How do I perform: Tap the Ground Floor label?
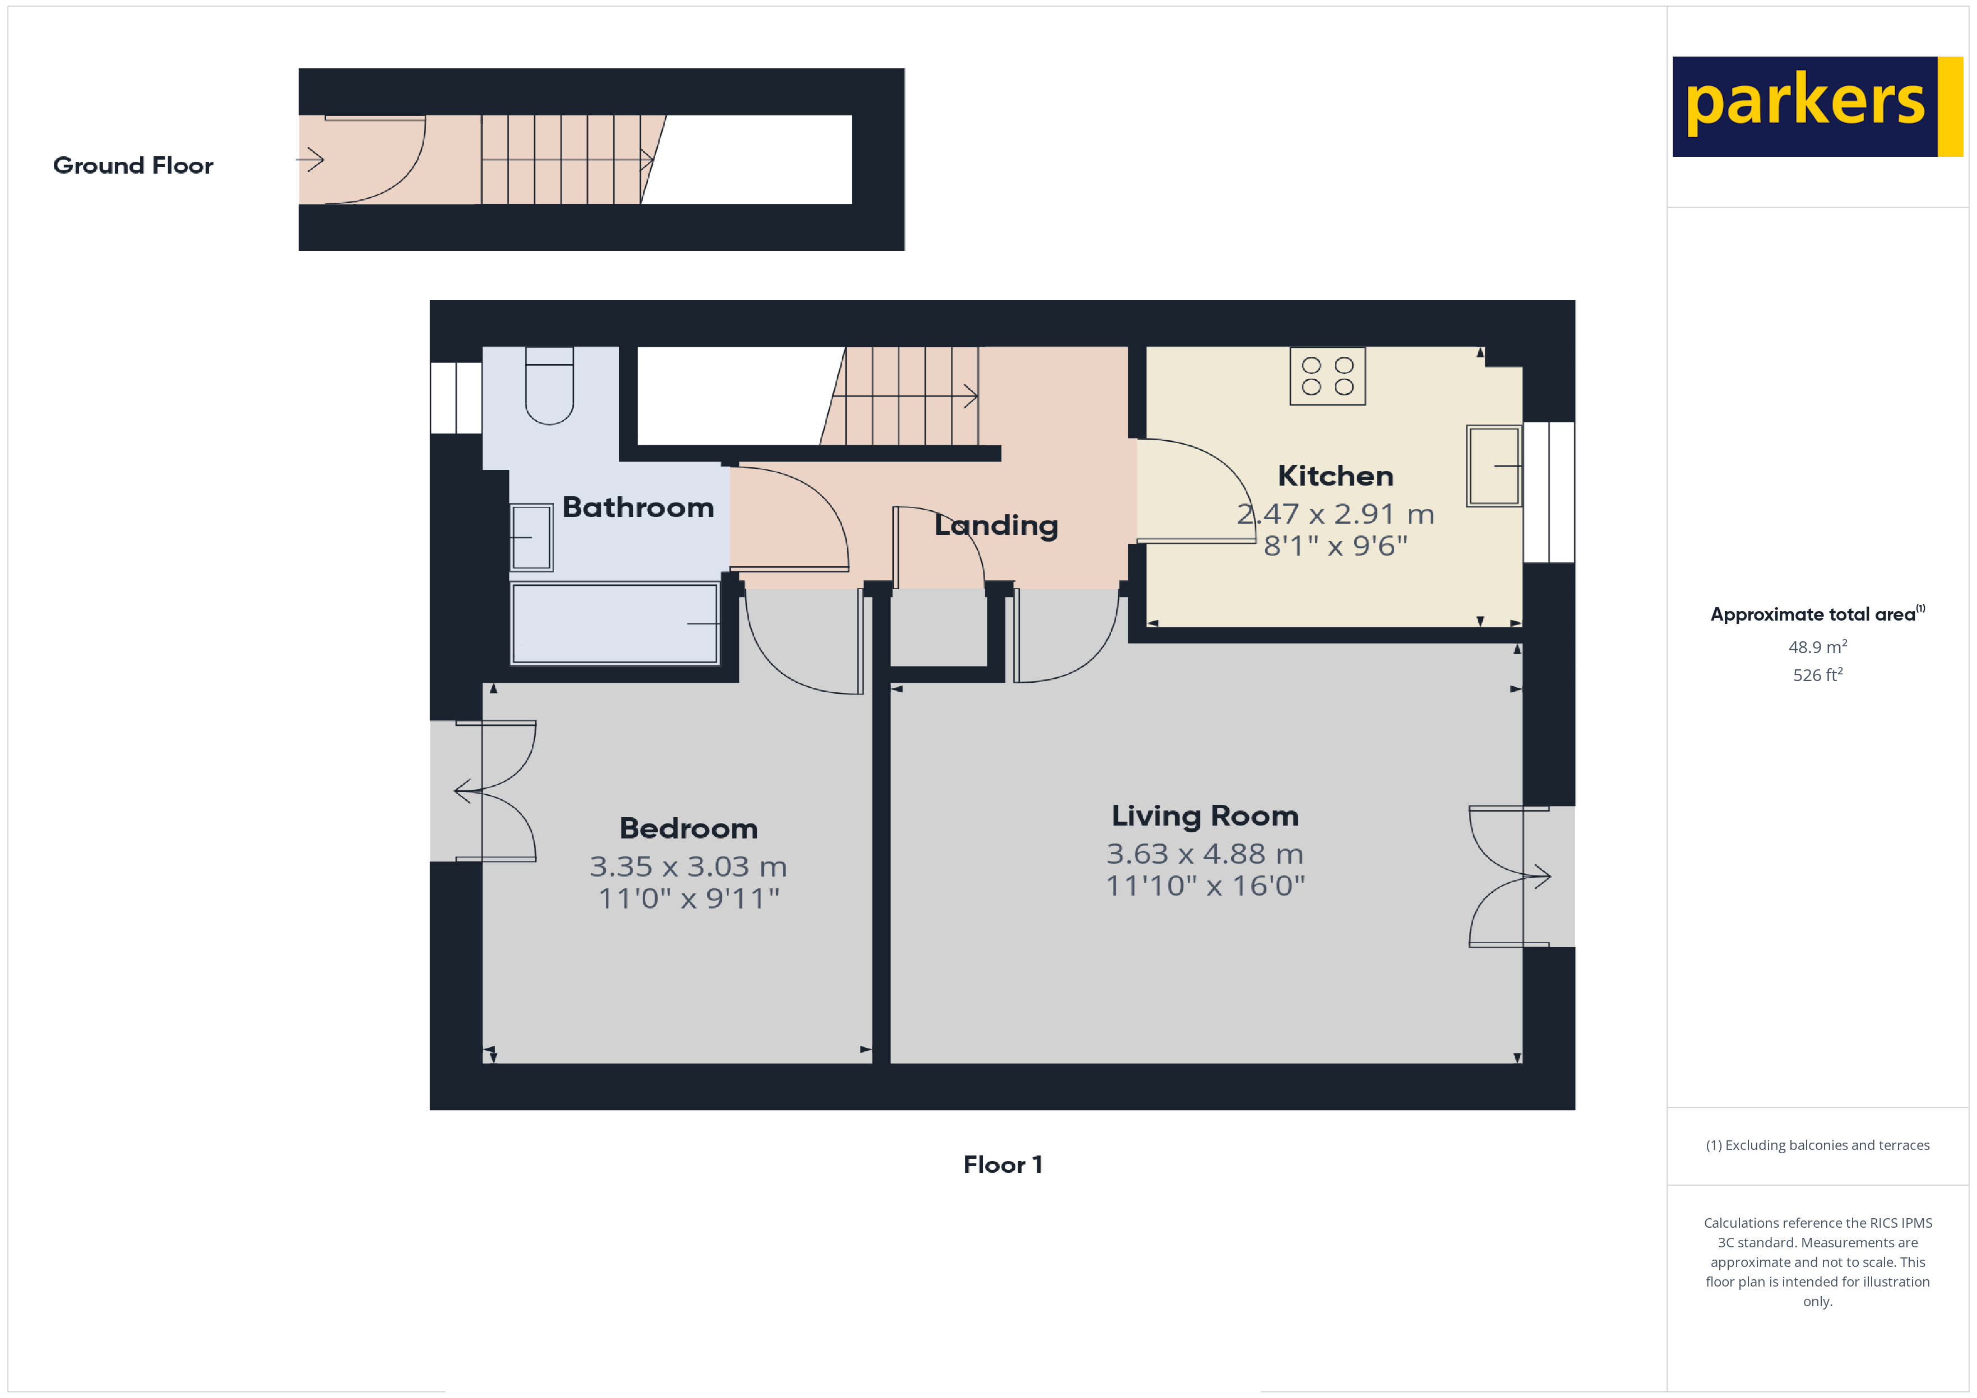pyautogui.click(x=133, y=165)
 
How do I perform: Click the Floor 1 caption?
pyautogui.click(x=1003, y=1164)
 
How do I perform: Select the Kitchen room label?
pyautogui.click(x=1335, y=475)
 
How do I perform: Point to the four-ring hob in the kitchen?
pyautogui.click(x=1327, y=376)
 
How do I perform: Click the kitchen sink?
pyautogui.click(x=1494, y=465)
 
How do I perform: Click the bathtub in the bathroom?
pyautogui.click(x=615, y=623)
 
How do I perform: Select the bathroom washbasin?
pyautogui.click(x=531, y=537)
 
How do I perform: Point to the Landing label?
pyautogui.click(x=996, y=525)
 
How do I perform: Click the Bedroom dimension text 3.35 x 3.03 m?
pyautogui.click(x=688, y=866)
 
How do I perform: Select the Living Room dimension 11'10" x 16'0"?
pyautogui.click(x=1205, y=885)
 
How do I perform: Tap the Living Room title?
pyautogui.click(x=1205, y=814)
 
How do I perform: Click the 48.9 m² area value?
pyautogui.click(x=1817, y=646)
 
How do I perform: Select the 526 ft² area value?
pyautogui.click(x=1817, y=675)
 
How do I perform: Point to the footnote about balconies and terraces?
pyautogui.click(x=1817, y=1145)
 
